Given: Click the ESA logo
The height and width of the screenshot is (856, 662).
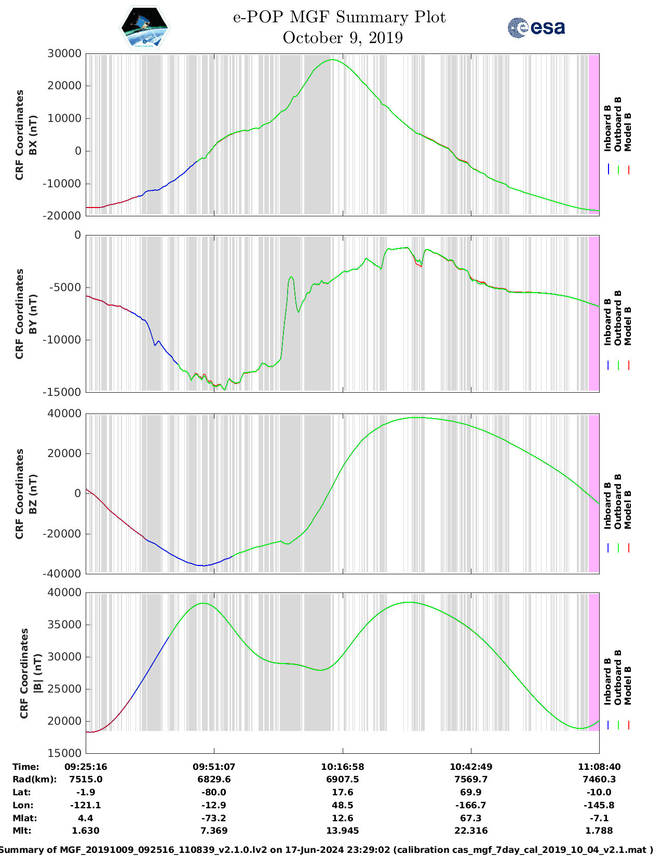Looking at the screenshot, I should tap(536, 27).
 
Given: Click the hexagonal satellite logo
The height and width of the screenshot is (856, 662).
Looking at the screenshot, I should tap(145, 27).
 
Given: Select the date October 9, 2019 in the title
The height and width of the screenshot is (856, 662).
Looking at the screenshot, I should tap(343, 38).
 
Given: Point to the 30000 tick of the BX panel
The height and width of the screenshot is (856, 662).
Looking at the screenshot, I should tap(64, 53).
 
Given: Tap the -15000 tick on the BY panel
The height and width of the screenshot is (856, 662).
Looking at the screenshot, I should tap(64, 392).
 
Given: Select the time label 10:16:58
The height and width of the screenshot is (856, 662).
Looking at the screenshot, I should tap(342, 767).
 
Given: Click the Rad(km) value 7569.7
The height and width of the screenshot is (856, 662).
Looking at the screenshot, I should tap(470, 779).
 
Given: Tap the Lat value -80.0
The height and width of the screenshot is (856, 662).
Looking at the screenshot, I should tap(214, 792).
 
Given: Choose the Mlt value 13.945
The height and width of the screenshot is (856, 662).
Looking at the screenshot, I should tap(342, 831).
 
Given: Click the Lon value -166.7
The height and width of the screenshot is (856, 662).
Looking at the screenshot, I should tap(470, 805).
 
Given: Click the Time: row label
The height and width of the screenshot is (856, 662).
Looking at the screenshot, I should tap(26, 767).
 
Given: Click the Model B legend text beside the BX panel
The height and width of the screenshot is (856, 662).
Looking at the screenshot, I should tap(628, 132).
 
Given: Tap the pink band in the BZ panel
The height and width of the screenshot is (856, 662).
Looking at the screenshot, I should tap(594, 493).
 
